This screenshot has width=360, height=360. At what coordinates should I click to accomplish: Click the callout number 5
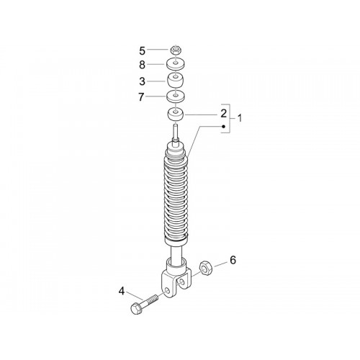tap(143, 51)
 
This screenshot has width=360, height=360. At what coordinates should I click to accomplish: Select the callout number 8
tap(143, 65)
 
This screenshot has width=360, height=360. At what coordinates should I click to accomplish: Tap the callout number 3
tap(143, 81)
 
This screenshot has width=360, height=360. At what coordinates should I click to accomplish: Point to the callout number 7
tap(141, 97)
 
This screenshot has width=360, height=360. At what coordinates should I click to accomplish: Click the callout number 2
tap(224, 114)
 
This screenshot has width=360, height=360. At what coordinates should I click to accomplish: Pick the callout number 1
tap(239, 118)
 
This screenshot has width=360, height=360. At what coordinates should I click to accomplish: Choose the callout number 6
tap(233, 260)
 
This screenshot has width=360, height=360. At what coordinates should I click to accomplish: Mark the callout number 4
tap(122, 292)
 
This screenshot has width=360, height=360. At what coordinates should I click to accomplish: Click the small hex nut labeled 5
tap(176, 50)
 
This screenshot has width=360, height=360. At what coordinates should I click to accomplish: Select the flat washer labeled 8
tap(176, 63)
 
